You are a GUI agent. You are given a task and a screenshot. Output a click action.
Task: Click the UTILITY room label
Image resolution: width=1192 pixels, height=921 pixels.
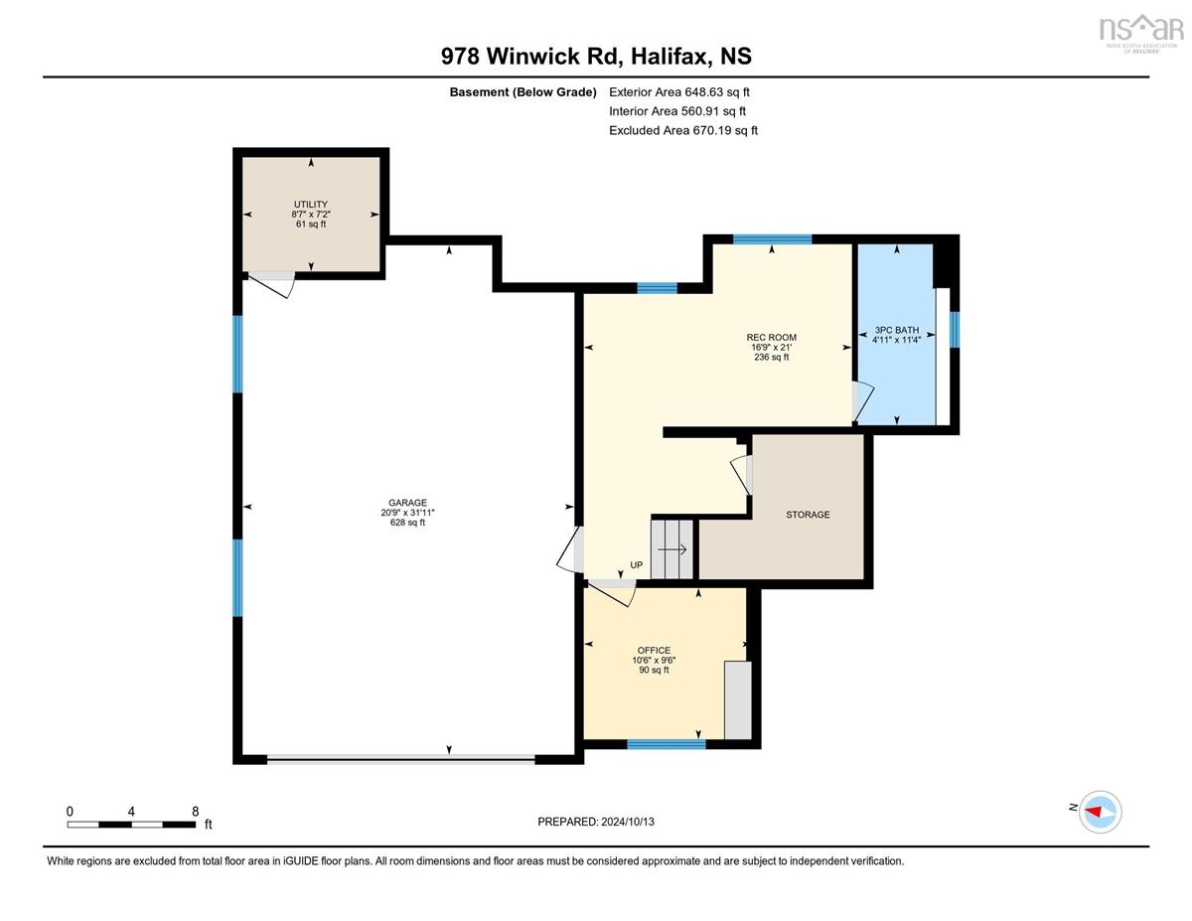[311, 204]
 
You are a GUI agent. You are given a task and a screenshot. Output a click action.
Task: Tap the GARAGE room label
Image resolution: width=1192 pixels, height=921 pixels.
[407, 503]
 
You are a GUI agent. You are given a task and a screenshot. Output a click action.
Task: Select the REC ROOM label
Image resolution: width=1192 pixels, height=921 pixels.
[771, 338]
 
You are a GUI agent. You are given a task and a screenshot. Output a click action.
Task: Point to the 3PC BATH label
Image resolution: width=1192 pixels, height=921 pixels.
[896, 330]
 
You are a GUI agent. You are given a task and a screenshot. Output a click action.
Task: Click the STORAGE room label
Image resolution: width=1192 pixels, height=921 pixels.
[808, 515]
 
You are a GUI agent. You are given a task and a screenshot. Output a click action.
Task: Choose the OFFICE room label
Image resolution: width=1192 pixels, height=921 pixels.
[654, 650]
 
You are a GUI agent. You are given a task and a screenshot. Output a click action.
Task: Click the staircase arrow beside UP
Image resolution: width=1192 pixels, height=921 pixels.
[672, 549]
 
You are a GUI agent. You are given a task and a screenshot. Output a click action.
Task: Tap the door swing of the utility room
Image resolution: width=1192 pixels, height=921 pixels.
[270, 285]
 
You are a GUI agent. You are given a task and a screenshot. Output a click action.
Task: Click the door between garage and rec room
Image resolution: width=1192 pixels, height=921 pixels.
[569, 550]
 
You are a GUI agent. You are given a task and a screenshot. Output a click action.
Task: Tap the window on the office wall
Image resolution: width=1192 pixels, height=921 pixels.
[666, 744]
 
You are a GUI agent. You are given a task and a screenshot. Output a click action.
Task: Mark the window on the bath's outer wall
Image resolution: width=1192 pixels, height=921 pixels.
[955, 330]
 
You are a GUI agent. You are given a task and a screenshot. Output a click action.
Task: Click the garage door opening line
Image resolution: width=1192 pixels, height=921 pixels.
[401, 760]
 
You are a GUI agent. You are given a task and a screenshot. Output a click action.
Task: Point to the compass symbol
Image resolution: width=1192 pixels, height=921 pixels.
[1100, 812]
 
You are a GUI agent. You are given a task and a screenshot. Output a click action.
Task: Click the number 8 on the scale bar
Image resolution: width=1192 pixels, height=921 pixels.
[196, 812]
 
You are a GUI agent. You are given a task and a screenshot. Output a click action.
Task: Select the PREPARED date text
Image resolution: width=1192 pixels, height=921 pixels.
[596, 822]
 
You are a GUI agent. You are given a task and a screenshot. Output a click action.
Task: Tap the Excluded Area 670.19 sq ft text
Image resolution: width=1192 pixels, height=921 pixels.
[683, 130]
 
